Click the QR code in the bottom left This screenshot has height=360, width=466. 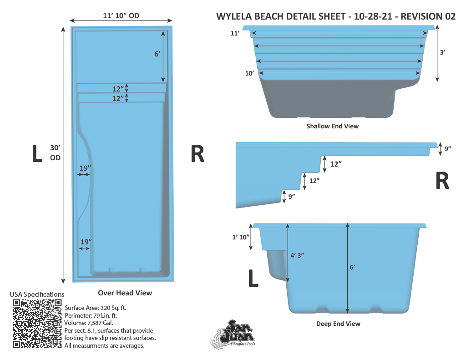(37, 324)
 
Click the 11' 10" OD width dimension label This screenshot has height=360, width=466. (121, 16)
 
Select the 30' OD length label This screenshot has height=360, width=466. (55, 152)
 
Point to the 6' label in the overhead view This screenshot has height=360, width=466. (157, 54)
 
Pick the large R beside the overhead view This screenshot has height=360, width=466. (197, 154)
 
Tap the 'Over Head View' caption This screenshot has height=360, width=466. (125, 293)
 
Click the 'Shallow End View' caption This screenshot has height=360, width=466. (332, 126)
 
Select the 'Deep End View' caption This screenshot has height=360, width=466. (338, 324)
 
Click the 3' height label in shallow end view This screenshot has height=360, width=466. (442, 52)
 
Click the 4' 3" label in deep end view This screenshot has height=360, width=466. (297, 255)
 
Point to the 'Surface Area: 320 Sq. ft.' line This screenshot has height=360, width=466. (96, 308)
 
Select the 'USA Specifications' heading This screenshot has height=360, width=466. (37, 294)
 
